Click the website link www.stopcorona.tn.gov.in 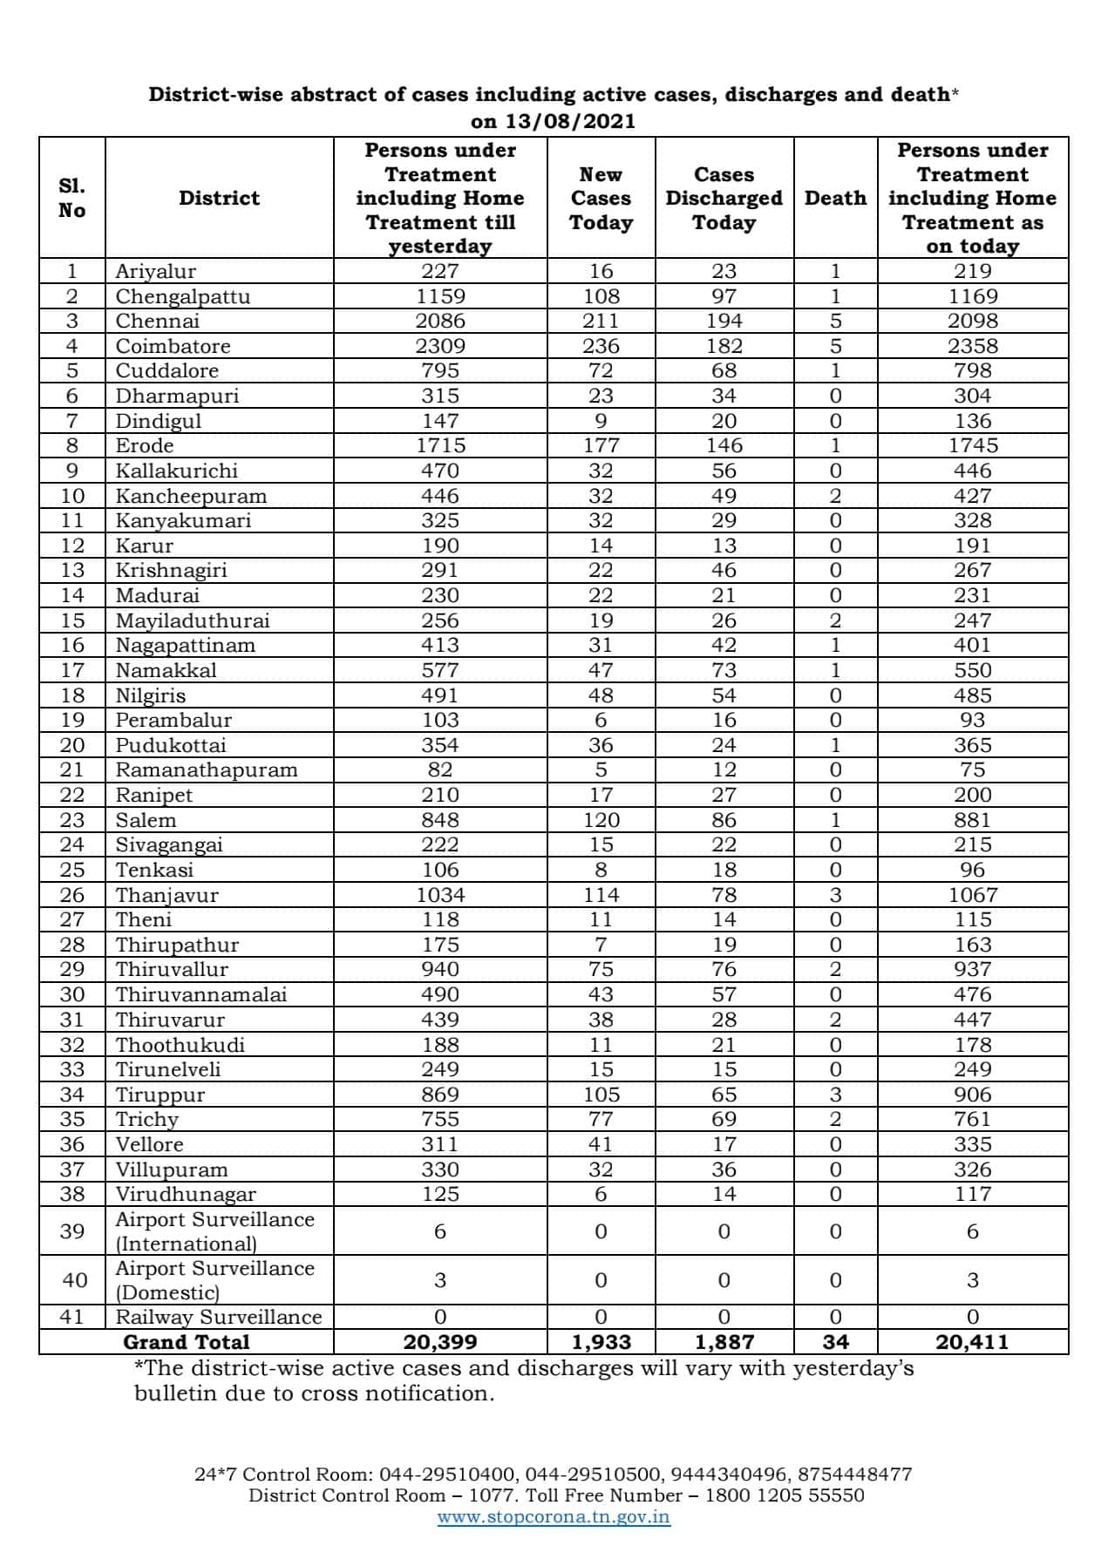pyautogui.click(x=554, y=1516)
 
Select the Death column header pyautogui.click(x=835, y=198)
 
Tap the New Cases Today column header pyautogui.click(x=601, y=198)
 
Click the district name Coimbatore pyautogui.click(x=173, y=346)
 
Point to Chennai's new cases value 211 pyautogui.click(x=601, y=321)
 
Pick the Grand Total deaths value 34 pyautogui.click(x=835, y=1342)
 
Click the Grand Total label pyautogui.click(x=187, y=1342)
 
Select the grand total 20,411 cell pyautogui.click(x=972, y=1342)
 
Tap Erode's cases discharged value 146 pyautogui.click(x=724, y=445)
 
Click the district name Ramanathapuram pyautogui.click(x=207, y=769)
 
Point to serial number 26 pyautogui.click(x=72, y=895)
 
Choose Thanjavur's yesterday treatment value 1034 pyautogui.click(x=440, y=895)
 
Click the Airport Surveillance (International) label pyautogui.click(x=214, y=1230)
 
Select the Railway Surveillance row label pyautogui.click(x=219, y=1317)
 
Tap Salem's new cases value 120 pyautogui.click(x=601, y=820)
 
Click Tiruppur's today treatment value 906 pyautogui.click(x=972, y=1095)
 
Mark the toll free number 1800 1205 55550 pyautogui.click(x=783, y=1495)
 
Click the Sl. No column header pyautogui.click(x=72, y=198)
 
